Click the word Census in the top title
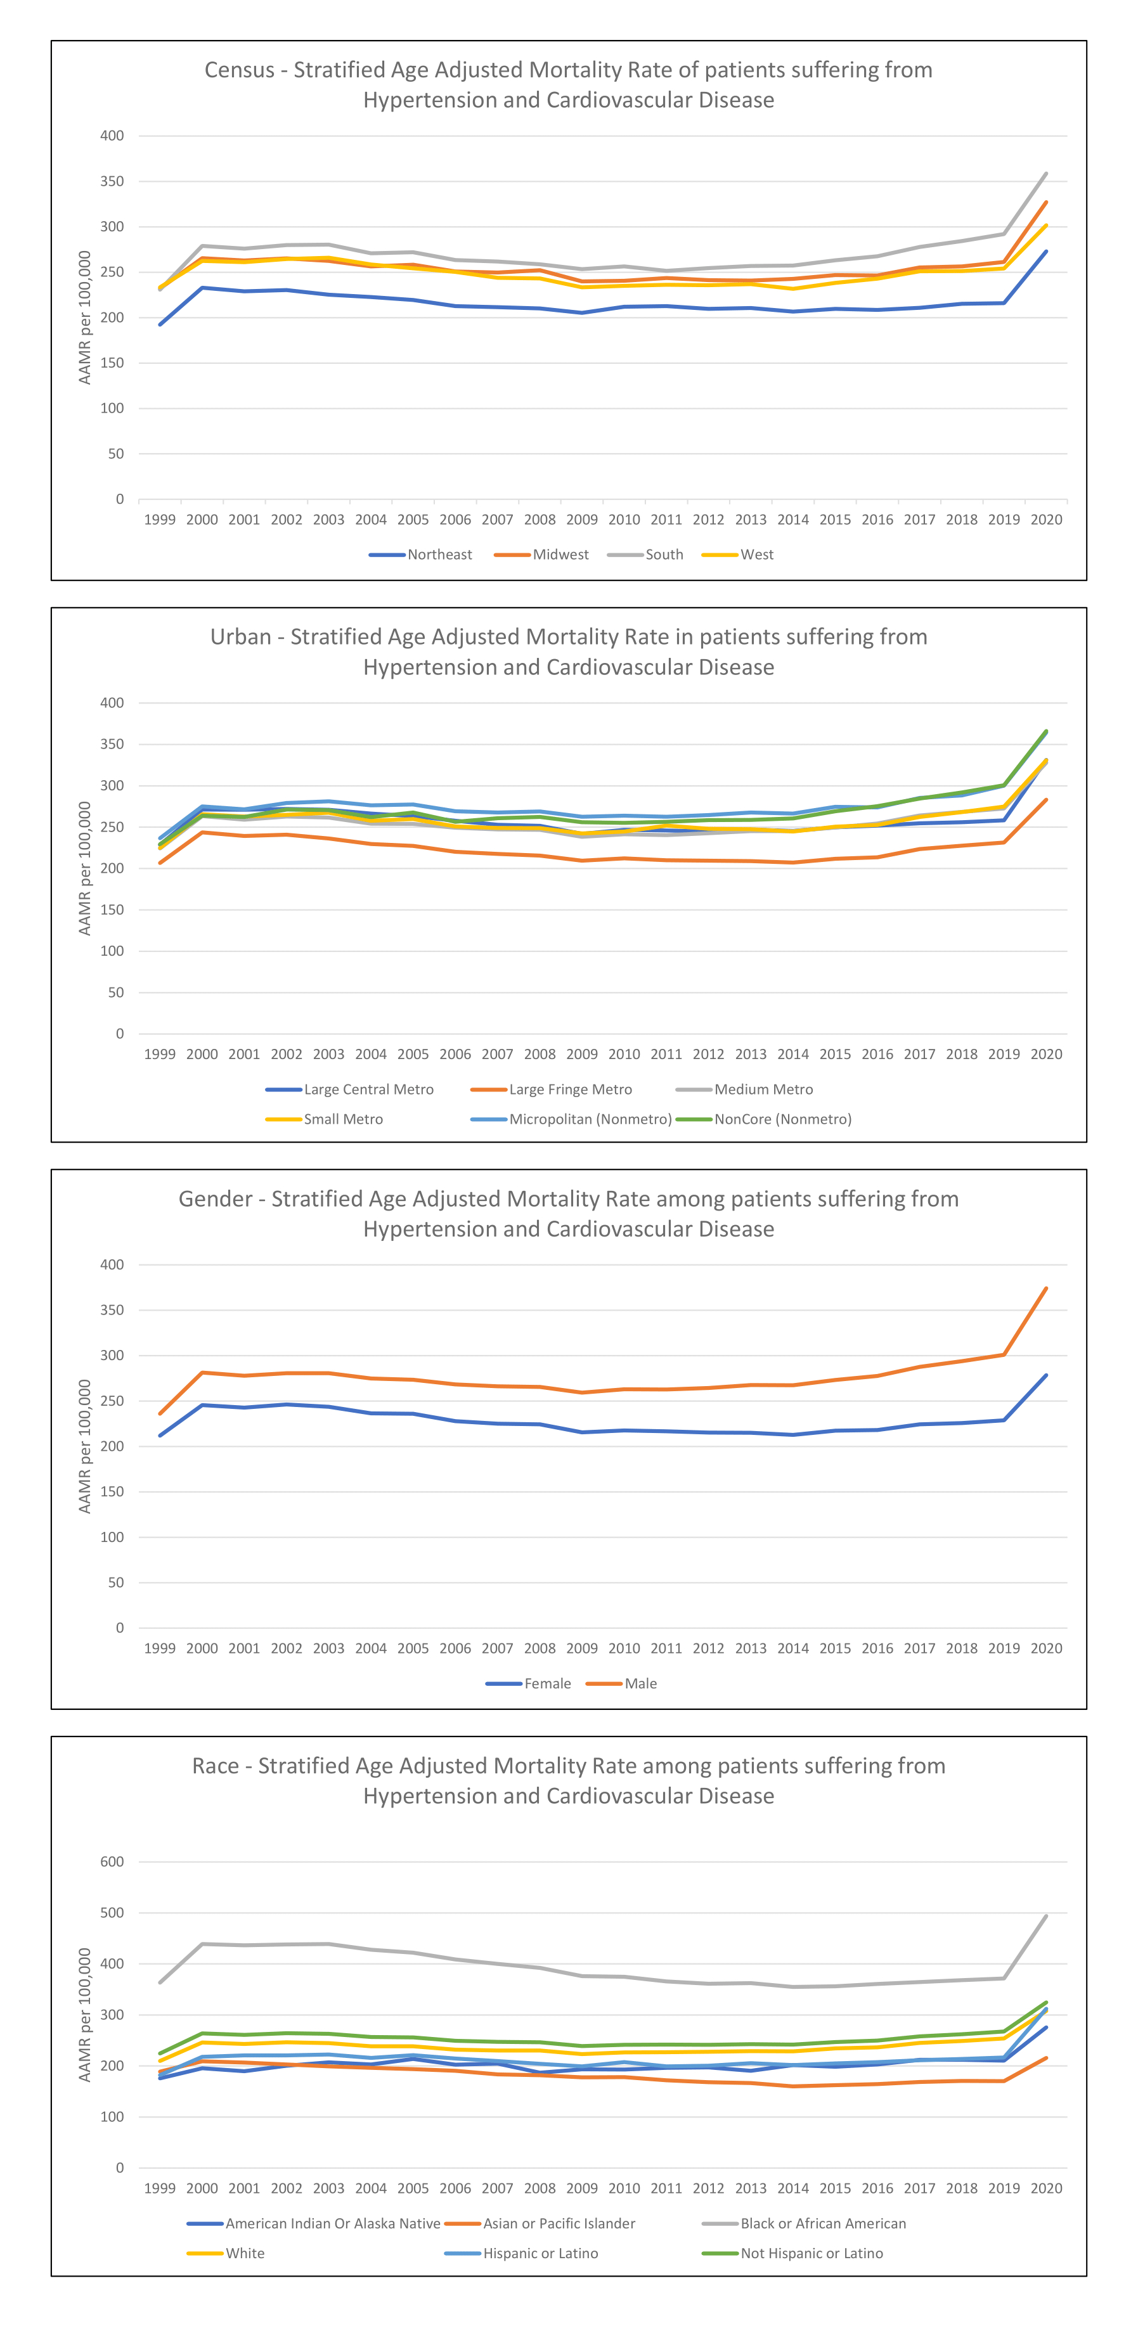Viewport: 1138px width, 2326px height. pos(240,70)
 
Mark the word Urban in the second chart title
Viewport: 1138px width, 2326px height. pos(240,638)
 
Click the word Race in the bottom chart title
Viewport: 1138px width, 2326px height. pos(215,1766)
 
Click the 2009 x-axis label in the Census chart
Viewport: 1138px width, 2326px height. pos(581,520)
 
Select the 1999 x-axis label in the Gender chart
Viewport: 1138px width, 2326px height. pos(160,1648)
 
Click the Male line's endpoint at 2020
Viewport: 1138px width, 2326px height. pos(1046,1288)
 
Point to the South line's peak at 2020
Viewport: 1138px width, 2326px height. pos(1046,174)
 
